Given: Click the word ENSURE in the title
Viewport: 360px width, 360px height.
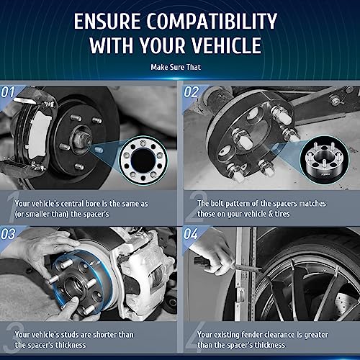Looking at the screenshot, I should (x=112, y=22).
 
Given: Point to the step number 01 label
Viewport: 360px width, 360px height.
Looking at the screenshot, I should (x=9, y=92).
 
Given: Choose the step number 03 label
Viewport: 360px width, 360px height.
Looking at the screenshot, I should (x=9, y=233).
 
